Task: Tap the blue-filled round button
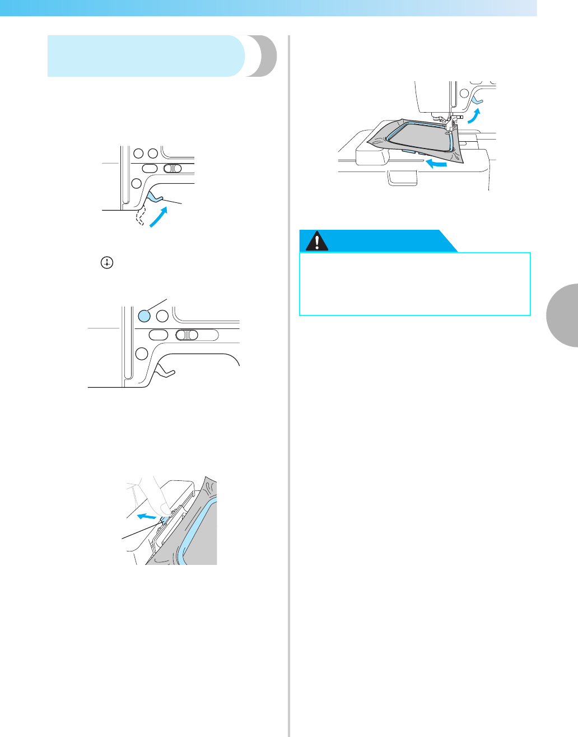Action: click(x=144, y=316)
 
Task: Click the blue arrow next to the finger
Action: click(x=147, y=514)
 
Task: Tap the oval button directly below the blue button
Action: click(x=159, y=335)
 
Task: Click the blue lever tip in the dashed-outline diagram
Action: click(x=155, y=197)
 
